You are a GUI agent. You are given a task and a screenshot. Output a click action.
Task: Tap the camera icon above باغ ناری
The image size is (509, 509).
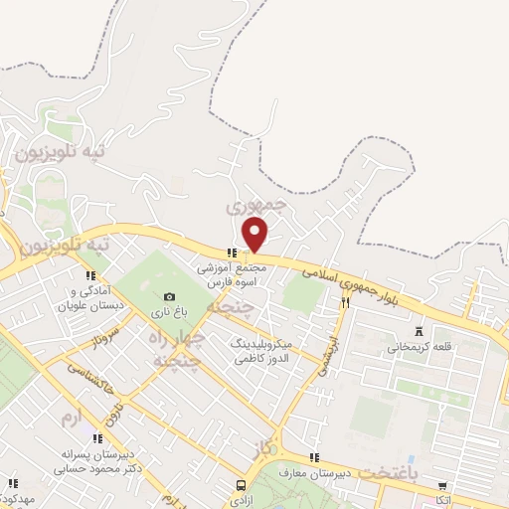[x=169, y=296]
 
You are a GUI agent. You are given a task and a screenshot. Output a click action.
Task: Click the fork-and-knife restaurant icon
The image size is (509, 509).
[x=345, y=302]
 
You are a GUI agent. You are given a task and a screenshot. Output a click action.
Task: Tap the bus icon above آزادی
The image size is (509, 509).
[x=241, y=486]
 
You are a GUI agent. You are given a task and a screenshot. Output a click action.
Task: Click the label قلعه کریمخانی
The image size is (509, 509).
[x=420, y=347]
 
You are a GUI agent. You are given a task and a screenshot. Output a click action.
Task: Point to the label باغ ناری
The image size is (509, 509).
[x=169, y=312]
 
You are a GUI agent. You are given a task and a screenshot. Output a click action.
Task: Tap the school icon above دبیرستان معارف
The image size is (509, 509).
[x=314, y=458]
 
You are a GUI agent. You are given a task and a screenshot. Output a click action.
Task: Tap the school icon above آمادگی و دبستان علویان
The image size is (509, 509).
[x=90, y=275]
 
